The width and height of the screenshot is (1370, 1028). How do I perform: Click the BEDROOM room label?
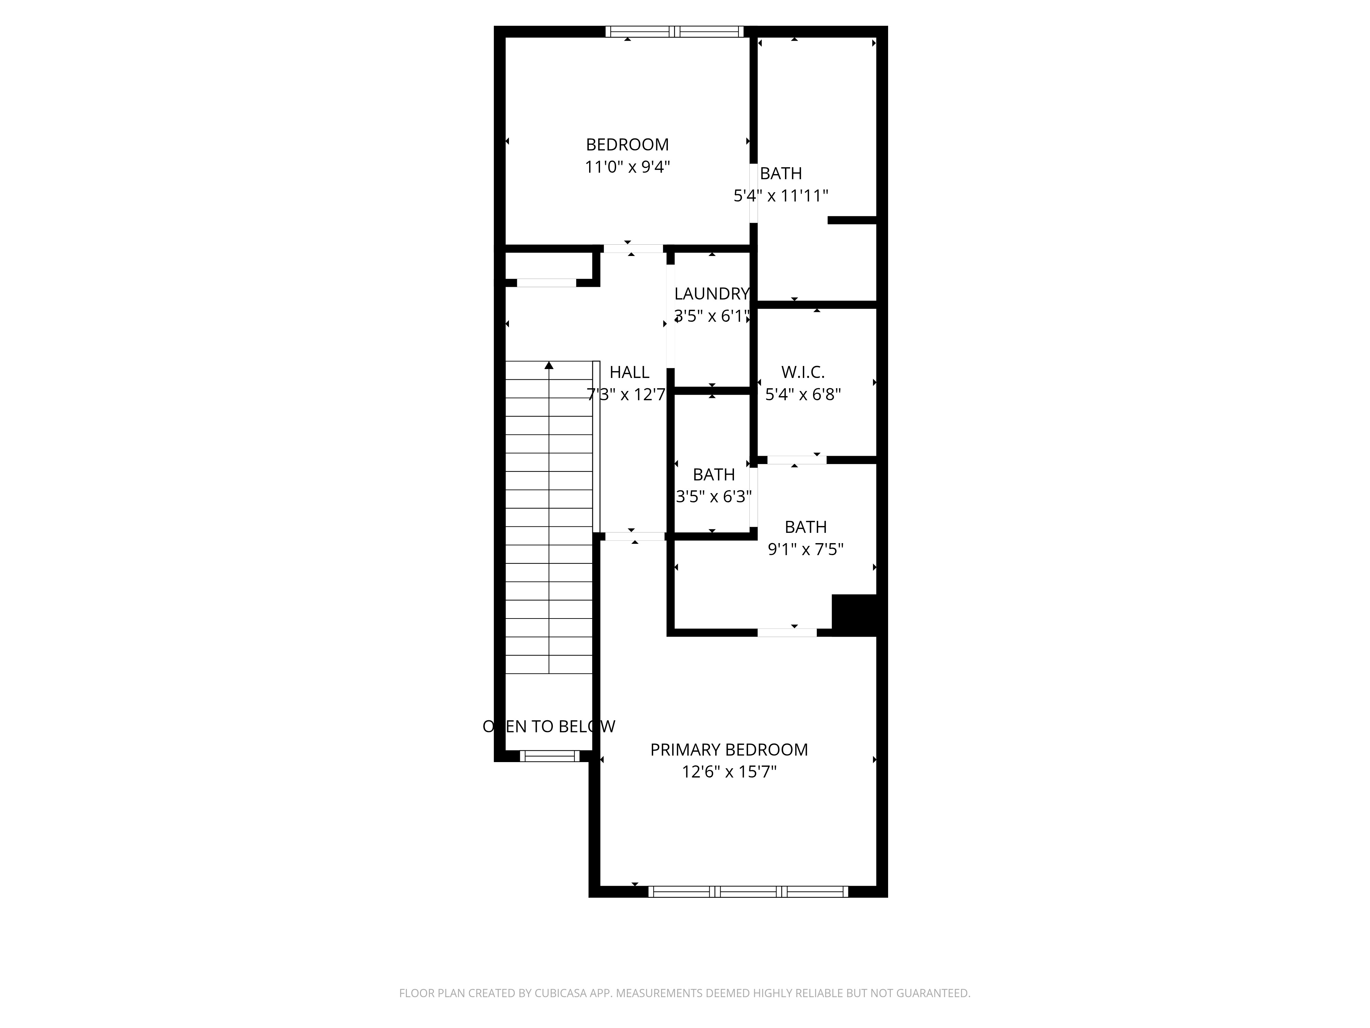627,144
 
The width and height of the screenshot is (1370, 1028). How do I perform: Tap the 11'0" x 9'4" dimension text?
627,167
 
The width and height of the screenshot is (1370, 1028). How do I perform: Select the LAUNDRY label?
712,294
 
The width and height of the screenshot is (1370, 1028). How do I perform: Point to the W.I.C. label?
803,372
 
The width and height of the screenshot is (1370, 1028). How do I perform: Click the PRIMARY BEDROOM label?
729,750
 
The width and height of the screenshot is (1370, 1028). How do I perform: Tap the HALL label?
629,372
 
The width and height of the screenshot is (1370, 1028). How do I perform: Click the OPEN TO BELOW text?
549,726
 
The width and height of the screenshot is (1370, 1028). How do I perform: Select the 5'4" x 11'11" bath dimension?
781,196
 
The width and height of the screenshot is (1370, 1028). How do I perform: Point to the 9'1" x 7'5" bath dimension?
806,549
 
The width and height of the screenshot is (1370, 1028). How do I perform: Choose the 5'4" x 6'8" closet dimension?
803,394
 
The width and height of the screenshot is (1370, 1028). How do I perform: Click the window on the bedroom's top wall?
674,32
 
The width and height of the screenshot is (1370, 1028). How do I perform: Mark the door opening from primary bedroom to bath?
787,632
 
